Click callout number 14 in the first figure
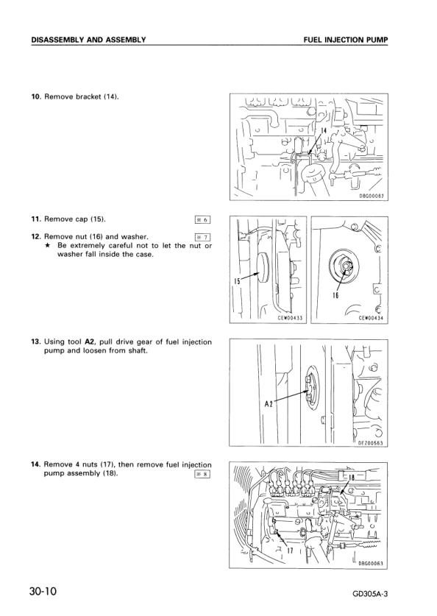[323, 130]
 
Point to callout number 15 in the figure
[238, 280]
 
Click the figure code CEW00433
[290, 318]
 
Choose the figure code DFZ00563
[372, 442]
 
